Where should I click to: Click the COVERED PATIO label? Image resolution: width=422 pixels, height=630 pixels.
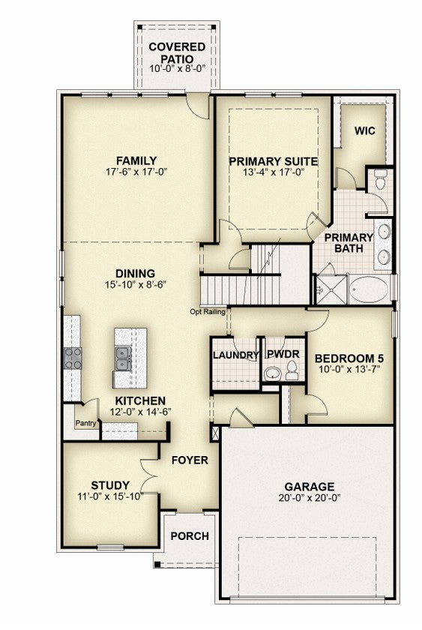177,52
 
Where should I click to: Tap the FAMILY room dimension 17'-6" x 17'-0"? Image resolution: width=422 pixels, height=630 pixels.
136,172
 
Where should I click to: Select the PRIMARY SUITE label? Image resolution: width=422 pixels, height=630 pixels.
273,161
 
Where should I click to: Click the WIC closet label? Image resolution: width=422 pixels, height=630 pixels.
364,130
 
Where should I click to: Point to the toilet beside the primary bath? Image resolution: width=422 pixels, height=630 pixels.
381,179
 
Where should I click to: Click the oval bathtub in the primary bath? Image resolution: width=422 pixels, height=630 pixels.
369,289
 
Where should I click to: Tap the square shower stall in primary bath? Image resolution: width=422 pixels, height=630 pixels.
331,289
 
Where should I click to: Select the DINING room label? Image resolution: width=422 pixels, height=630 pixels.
136,274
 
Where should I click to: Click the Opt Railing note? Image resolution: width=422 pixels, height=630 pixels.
208,311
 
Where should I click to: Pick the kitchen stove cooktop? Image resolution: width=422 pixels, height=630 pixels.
73,358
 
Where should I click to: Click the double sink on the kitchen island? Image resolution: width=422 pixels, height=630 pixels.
122,358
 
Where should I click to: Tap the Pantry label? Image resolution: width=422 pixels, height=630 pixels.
86,423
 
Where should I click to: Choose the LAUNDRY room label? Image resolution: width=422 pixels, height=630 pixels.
235,355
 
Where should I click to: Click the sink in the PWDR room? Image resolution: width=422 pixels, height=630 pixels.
273,373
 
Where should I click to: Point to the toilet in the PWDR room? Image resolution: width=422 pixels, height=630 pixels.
292,370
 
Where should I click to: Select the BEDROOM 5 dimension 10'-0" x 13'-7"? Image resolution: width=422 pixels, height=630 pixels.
349,369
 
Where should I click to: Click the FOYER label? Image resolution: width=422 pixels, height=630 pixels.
190,460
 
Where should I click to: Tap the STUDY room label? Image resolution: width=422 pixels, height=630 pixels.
110,485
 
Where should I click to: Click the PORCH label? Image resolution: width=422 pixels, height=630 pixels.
190,536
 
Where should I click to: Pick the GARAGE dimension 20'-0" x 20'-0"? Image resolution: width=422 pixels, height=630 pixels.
310,498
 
